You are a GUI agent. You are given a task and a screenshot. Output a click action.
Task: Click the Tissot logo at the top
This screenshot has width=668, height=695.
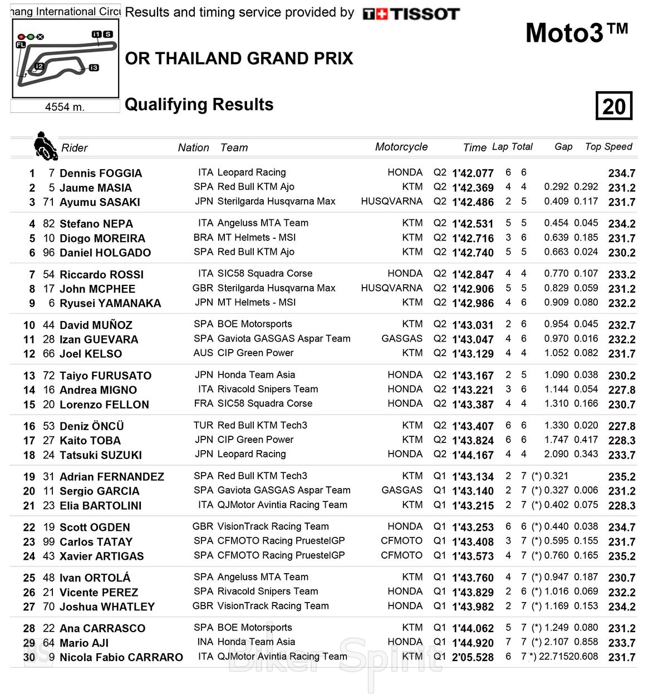(x=411, y=14)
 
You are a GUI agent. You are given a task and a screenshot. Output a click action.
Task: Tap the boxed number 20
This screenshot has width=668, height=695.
(x=614, y=106)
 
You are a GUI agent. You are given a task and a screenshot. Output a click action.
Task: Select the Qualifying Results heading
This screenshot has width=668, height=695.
(x=199, y=105)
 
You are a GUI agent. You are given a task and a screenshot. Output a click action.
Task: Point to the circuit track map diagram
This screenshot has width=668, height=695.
(x=65, y=58)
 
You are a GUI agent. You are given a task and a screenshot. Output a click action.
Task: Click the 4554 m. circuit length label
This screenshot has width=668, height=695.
(x=65, y=107)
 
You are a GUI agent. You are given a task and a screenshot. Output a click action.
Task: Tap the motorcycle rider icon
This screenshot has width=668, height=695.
(x=45, y=146)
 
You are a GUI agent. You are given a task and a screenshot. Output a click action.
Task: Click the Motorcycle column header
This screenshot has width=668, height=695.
(x=401, y=147)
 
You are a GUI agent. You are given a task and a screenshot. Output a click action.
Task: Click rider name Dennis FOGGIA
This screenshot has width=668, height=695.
(x=100, y=173)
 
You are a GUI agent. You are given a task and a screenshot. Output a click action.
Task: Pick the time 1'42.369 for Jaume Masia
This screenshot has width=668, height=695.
(x=473, y=188)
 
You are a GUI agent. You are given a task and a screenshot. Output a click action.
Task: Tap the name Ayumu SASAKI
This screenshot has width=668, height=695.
(x=100, y=202)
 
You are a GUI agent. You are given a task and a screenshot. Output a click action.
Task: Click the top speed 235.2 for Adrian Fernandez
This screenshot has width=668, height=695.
(x=622, y=477)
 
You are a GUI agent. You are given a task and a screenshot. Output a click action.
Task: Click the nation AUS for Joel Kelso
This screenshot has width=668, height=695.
(x=203, y=353)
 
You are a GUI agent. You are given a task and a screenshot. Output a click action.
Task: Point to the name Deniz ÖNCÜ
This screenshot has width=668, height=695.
(x=91, y=426)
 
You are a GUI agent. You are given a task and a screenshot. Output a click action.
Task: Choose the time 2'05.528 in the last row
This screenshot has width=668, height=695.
(x=473, y=657)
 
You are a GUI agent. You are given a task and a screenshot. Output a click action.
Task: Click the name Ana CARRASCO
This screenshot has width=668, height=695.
(x=102, y=628)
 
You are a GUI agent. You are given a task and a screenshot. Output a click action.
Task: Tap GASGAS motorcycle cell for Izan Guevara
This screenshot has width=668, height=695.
(x=402, y=338)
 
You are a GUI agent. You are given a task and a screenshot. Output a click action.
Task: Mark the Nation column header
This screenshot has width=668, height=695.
(x=193, y=147)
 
